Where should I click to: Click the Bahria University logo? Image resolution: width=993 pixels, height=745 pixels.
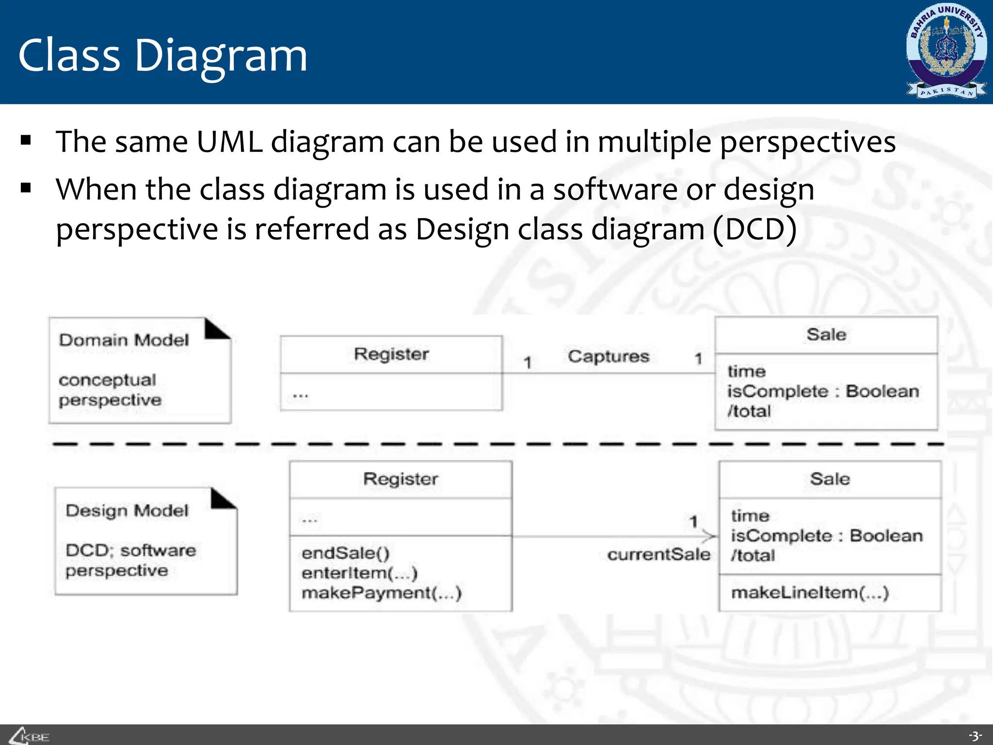946,51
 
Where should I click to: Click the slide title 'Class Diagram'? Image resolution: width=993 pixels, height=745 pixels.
162,56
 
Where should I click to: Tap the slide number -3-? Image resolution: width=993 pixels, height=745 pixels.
975,736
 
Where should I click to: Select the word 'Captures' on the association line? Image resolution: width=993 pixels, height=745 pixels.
608,356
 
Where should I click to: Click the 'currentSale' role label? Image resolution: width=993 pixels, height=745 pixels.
658,554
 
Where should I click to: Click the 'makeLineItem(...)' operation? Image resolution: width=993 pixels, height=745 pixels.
810,593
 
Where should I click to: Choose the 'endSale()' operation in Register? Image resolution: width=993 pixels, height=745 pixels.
345,553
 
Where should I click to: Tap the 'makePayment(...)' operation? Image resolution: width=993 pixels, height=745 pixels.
381,593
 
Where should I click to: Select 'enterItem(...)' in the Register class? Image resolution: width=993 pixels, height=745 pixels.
359,573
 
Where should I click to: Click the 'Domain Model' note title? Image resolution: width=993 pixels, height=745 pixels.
124,340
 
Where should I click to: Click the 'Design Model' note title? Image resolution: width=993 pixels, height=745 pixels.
127,511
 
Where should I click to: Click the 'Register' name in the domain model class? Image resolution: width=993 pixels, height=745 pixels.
391,354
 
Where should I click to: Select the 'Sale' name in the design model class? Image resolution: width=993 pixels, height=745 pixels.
830,479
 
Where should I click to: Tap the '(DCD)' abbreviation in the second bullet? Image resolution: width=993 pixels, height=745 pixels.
754,229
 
